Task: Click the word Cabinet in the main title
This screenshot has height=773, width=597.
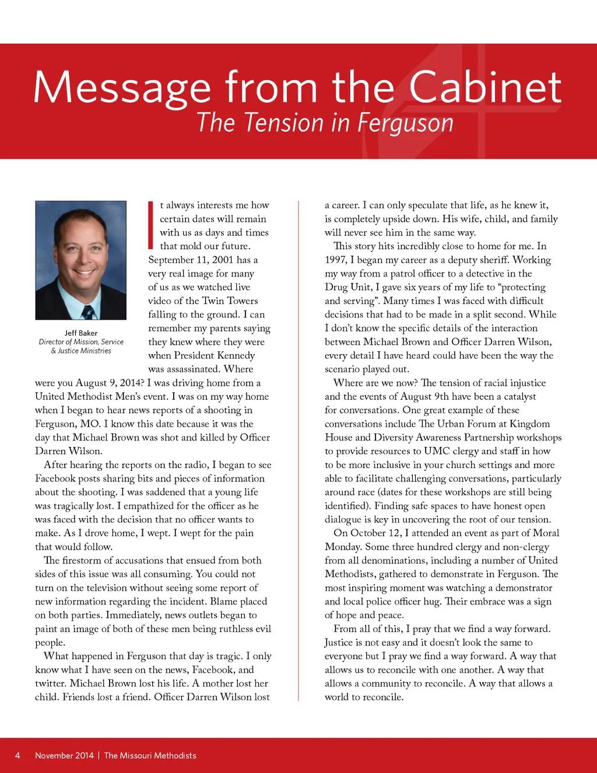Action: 484,88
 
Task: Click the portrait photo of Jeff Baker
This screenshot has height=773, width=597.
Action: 81,260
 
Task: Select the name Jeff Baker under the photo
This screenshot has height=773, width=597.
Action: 81,333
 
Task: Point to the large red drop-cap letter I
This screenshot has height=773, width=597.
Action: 151,225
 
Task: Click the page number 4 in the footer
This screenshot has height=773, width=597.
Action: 17,755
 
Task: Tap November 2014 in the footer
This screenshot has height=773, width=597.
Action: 64,755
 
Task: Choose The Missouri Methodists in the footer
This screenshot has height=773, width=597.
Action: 150,755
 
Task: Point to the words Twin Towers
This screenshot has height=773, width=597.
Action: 230,301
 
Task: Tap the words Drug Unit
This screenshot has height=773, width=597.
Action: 347,287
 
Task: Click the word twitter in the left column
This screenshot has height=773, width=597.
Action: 50,684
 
